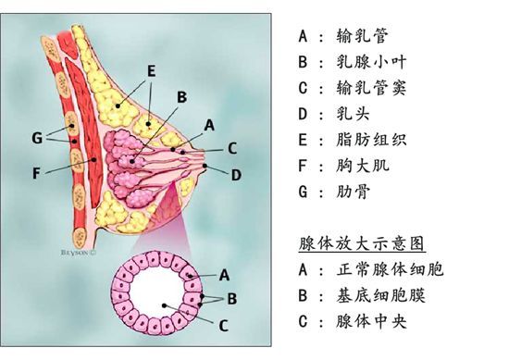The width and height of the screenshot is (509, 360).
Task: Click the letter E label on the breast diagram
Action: pos(151,69)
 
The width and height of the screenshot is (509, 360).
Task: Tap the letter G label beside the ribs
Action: pos(36,138)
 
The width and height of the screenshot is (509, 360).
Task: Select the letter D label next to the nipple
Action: pos(236,173)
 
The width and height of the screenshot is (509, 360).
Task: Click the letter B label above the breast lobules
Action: pos(182,96)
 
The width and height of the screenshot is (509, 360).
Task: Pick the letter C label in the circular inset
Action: pos(224,324)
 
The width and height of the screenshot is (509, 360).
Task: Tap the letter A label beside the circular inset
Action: pos(223,274)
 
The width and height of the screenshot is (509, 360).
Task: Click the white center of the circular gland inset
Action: pos(158,298)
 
